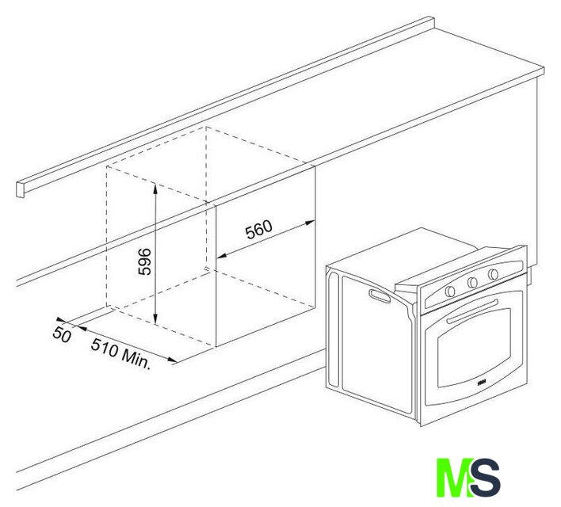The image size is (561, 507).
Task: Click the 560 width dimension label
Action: click(x=258, y=230)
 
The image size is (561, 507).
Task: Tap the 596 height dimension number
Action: click(x=144, y=261)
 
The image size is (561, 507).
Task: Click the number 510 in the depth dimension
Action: click(x=105, y=347)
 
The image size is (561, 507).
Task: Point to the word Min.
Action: click(x=136, y=359)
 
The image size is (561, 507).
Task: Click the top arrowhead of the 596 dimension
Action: click(x=155, y=188)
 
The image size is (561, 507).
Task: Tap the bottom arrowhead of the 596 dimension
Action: click(x=155, y=319)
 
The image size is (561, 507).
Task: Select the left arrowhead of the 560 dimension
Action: click(x=223, y=256)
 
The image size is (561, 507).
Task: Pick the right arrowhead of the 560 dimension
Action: click(x=310, y=223)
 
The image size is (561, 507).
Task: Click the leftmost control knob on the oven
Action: click(x=450, y=292)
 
